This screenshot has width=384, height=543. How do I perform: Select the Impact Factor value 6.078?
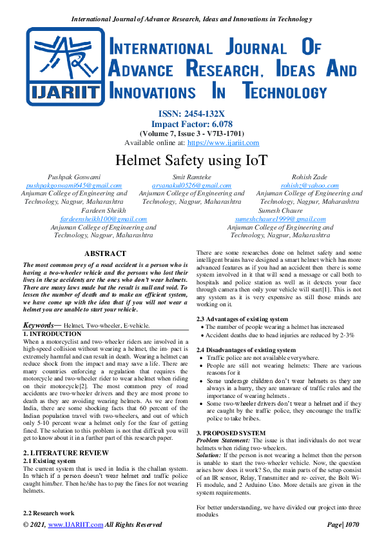tap(219, 123)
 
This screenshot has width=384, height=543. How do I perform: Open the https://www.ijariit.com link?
tap(222, 143)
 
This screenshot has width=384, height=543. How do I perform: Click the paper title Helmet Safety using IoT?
tap(191, 160)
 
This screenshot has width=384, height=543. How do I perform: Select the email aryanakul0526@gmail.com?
tap(191, 184)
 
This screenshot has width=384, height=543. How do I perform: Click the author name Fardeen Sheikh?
tap(105, 210)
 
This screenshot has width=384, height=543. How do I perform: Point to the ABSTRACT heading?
tap(105, 254)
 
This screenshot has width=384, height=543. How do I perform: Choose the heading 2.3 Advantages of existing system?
tap(242, 319)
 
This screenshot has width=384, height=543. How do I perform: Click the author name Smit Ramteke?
tap(191, 176)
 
